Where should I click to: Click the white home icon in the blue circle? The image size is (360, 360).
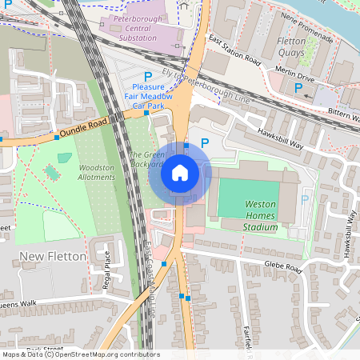tap(180, 173)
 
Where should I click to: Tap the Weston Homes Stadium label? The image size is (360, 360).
tap(260, 215)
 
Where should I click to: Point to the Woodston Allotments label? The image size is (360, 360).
tap(96, 172)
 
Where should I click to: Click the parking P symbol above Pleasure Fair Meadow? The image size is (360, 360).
tap(148, 76)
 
